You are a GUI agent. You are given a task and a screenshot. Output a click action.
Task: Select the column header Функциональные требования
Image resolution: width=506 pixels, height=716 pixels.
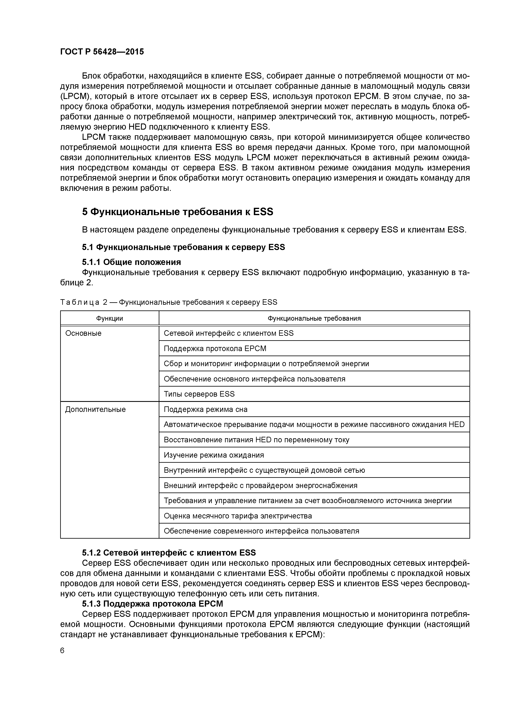pos(314,318)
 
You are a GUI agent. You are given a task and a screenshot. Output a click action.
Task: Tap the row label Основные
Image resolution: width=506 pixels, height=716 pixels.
pos(83,333)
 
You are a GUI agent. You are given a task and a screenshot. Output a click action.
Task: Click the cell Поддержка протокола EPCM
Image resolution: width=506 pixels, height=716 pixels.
pos(215,348)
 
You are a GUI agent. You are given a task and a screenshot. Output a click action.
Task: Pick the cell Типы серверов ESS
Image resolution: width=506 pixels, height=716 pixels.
pos(199,394)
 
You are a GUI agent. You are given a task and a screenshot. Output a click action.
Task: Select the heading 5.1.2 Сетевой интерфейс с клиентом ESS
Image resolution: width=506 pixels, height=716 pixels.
pos(169,553)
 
